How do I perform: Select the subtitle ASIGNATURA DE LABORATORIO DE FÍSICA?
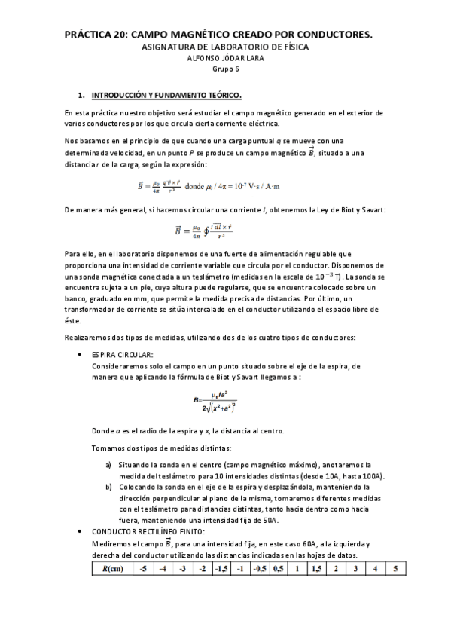pyautogui.click(x=224, y=47)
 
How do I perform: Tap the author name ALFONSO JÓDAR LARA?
pyautogui.click(x=224, y=58)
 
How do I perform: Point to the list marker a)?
pyautogui.click(x=109, y=465)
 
